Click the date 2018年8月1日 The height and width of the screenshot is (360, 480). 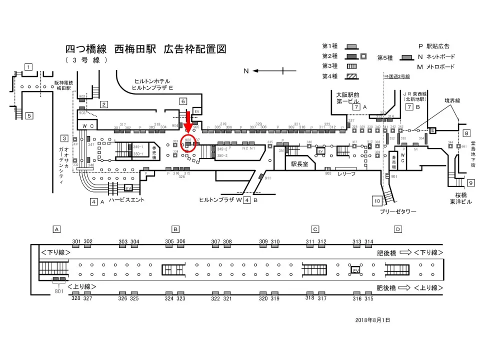(372, 319)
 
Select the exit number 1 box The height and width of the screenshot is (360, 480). (29, 67)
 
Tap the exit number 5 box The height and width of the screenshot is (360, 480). (29, 115)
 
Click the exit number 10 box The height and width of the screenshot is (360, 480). (377, 201)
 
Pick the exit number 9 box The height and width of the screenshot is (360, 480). (471, 182)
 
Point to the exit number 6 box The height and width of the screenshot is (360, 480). (183, 101)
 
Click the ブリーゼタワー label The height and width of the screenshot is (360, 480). (397, 211)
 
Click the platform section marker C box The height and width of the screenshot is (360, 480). (315, 229)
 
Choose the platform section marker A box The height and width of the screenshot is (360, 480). (57, 229)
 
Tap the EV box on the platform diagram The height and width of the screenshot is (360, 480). (356, 269)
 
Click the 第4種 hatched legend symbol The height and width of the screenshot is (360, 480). (353, 76)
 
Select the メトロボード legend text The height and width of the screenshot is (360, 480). (439, 66)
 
